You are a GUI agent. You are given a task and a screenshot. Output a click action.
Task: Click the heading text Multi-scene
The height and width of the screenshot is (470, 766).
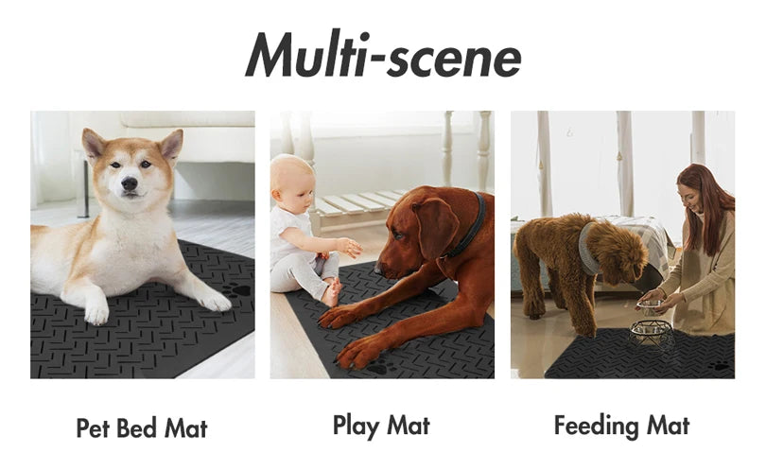tap(383, 54)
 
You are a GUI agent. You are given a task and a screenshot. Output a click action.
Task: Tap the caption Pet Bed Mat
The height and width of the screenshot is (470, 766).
tap(141, 427)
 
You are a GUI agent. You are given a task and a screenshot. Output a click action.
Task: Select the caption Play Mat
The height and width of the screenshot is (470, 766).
tap(381, 426)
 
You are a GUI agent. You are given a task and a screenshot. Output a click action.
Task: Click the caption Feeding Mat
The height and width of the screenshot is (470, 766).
tap(621, 426)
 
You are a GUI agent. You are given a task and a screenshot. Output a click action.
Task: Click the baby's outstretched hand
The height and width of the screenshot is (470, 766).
tap(352, 248)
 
